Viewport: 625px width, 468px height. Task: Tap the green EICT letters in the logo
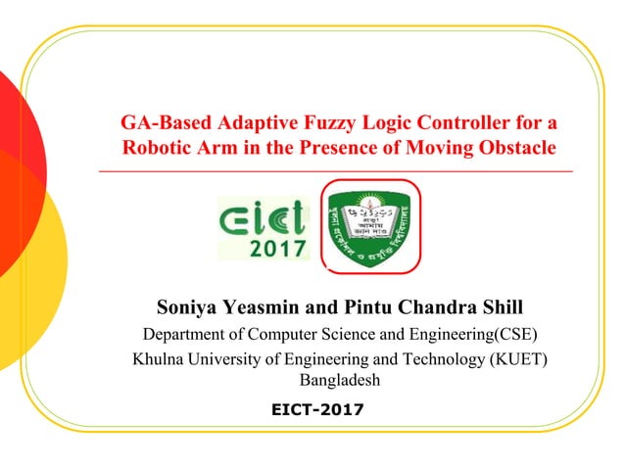(263, 216)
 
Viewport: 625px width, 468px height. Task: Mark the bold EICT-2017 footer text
(315, 408)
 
